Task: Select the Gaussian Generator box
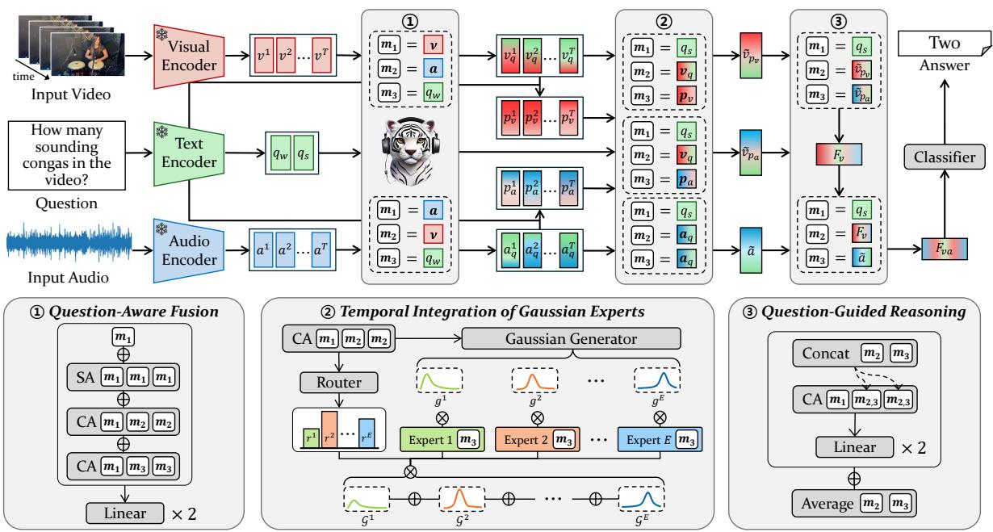coord(571,337)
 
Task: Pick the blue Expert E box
coord(658,439)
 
